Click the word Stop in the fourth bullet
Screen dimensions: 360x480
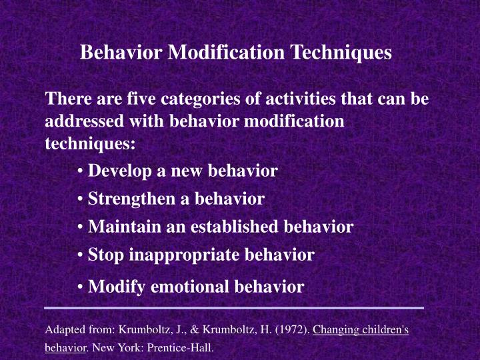(x=105, y=254)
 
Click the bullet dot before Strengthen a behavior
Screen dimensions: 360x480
(x=80, y=199)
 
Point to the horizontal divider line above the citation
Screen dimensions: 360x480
(x=234, y=308)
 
